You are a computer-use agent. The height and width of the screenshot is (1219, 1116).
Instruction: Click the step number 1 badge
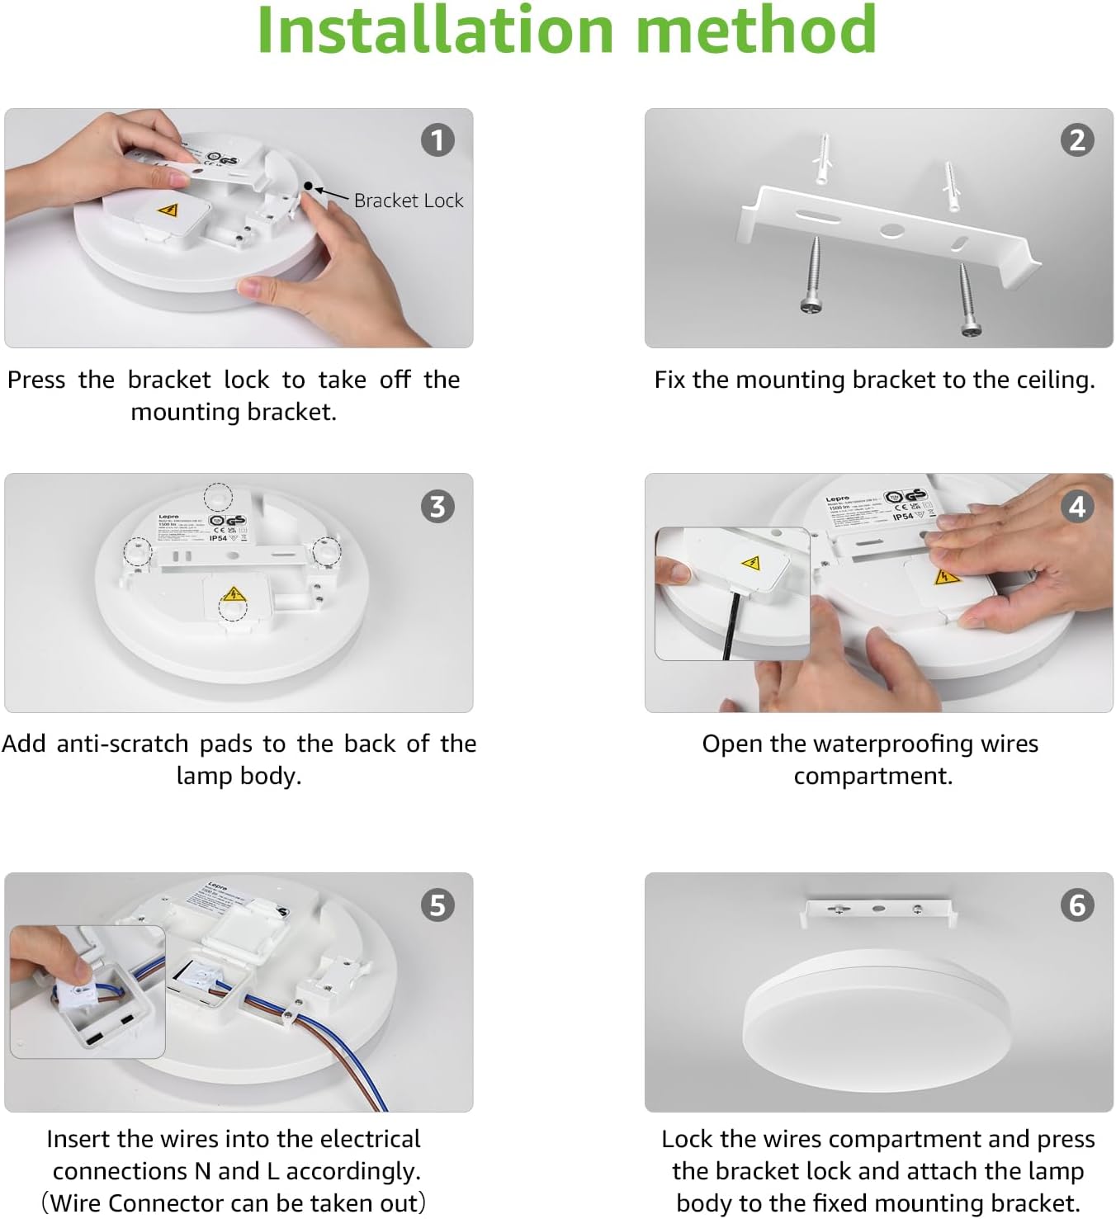point(437,140)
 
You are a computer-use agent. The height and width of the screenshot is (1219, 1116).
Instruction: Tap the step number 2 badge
point(1077,140)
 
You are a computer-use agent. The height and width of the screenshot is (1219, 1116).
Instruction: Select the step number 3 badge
point(437,506)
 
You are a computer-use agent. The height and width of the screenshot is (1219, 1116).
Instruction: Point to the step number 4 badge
point(1077,506)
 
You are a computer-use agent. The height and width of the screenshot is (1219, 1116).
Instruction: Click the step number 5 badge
point(437,905)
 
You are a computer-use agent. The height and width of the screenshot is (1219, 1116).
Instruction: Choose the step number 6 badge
point(1077,905)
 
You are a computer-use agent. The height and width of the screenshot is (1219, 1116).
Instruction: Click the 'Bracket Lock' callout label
point(408,201)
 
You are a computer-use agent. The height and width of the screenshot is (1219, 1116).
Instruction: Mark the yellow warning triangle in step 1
point(168,210)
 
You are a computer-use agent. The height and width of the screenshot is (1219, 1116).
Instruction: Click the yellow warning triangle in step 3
point(233,593)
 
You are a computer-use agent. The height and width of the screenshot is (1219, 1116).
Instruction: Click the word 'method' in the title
point(755,31)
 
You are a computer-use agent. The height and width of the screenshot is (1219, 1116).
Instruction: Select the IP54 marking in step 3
point(218,538)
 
